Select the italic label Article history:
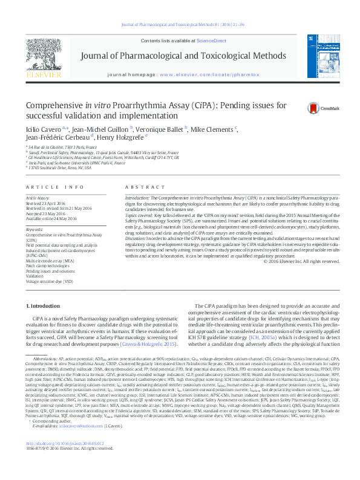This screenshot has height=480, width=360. click(38, 198)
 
